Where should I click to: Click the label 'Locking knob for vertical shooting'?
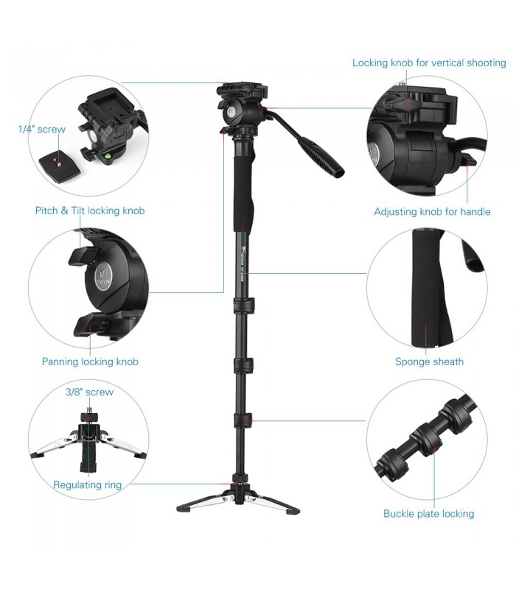(429, 63)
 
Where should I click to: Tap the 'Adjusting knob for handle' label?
(432, 211)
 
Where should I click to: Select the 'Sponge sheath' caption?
(429, 361)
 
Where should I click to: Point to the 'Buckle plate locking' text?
(428, 513)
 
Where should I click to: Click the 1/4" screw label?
(42, 129)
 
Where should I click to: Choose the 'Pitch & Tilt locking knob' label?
(90, 211)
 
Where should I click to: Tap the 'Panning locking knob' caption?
(90, 361)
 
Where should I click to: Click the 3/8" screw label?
(89, 392)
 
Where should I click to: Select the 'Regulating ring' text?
(87, 484)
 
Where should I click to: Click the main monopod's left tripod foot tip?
(181, 508)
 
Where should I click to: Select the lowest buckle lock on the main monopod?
(243, 420)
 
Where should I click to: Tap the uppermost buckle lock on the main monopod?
(243, 303)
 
